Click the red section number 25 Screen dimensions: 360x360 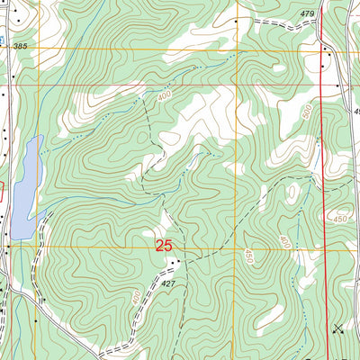tap(164, 245)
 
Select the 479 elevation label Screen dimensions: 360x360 tap(308, 13)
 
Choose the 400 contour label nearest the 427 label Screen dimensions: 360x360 tap(136, 297)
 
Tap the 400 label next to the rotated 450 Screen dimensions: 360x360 tap(283, 243)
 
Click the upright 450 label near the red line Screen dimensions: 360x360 tap(339, 219)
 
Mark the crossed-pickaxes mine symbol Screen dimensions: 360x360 tap(337, 328)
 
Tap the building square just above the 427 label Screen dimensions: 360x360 tap(176, 262)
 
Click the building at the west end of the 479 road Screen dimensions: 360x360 tap(236, 20)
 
